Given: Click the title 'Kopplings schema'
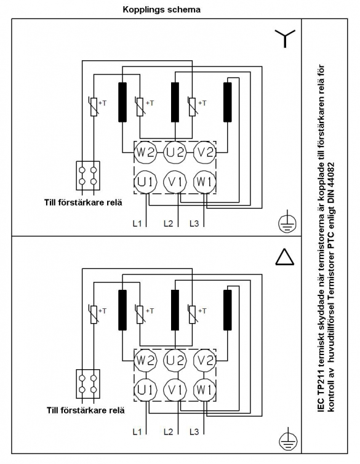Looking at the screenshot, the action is [161, 9].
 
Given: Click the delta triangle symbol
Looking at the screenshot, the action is [285, 257].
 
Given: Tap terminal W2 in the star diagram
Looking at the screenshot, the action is [145, 153].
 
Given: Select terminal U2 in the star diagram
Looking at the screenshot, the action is [175, 153].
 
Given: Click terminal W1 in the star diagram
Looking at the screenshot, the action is [204, 182].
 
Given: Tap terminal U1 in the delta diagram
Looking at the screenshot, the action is [145, 390].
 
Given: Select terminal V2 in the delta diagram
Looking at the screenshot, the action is [204, 361].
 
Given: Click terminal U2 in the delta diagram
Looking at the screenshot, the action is [175, 361].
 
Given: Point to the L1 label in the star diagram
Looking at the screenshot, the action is [137, 223].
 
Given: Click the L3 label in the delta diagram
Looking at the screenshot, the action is [194, 432].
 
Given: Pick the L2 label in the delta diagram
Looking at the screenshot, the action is [168, 432].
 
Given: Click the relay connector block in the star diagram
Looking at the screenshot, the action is [88, 175].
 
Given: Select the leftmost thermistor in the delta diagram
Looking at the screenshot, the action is [93, 314].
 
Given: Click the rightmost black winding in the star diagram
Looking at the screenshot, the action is [228, 102].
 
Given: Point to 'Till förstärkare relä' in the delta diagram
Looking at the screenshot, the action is [86, 410].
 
